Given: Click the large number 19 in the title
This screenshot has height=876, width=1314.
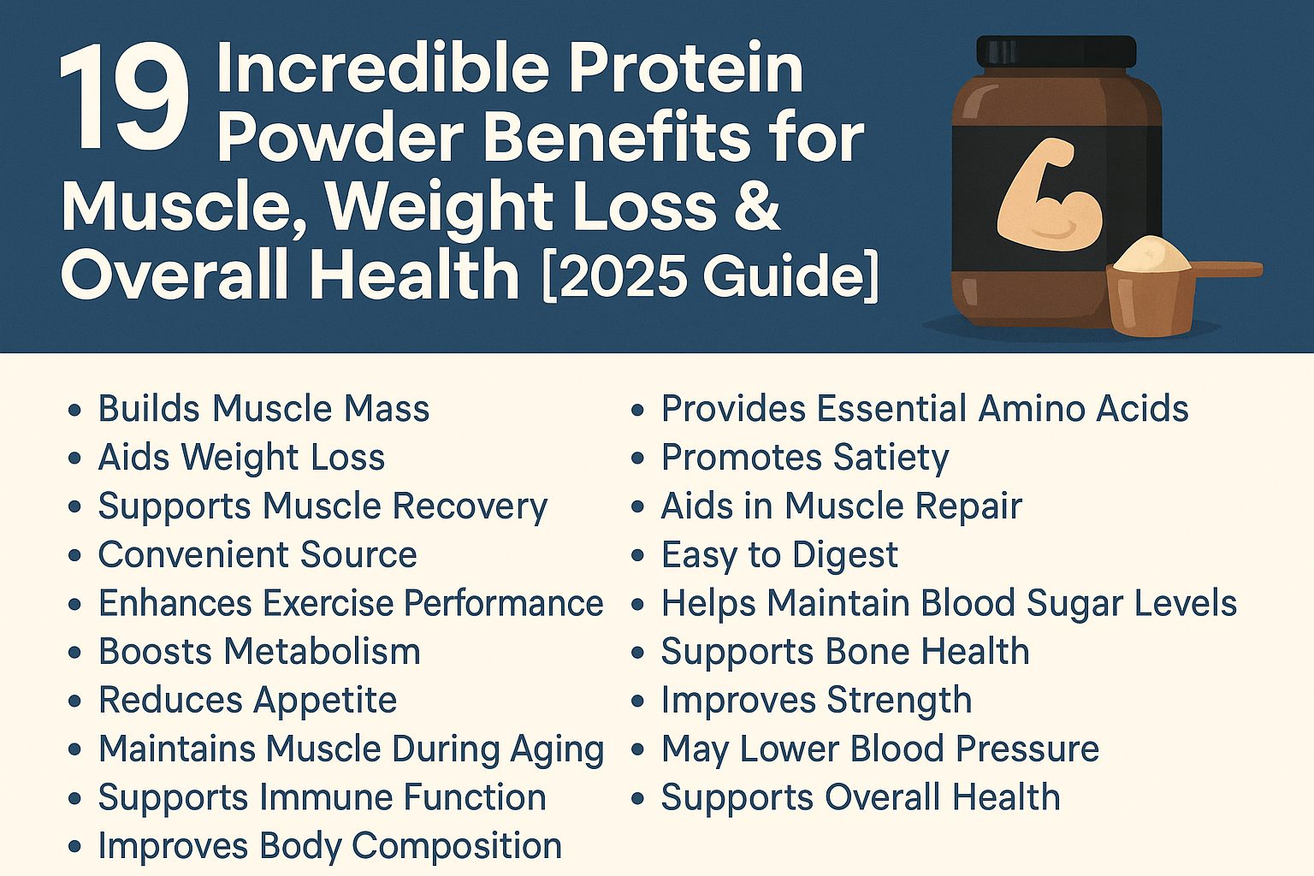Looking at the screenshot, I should (x=124, y=101).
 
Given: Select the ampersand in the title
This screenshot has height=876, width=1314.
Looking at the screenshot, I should (x=756, y=206).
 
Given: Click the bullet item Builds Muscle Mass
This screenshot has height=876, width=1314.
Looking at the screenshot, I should (x=263, y=409).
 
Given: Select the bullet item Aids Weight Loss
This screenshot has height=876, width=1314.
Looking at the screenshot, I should (x=241, y=458).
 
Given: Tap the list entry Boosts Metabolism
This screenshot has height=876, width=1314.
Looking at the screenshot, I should (x=259, y=652).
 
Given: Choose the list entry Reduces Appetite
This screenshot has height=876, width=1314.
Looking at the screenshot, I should (x=247, y=701).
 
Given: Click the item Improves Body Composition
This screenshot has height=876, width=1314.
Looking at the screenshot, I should (x=329, y=846).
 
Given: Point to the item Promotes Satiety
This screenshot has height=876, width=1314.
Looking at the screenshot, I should (x=804, y=458).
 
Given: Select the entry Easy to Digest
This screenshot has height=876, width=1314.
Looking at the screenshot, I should (x=779, y=555).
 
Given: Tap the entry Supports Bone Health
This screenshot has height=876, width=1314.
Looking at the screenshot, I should (x=844, y=652).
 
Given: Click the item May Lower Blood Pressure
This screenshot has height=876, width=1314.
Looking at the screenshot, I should (x=879, y=749).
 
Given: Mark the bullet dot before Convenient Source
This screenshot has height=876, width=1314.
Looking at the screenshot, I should (x=75, y=556).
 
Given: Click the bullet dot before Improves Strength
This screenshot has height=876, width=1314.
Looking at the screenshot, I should (x=637, y=701).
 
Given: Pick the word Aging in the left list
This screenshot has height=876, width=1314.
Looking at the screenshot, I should (x=557, y=750).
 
